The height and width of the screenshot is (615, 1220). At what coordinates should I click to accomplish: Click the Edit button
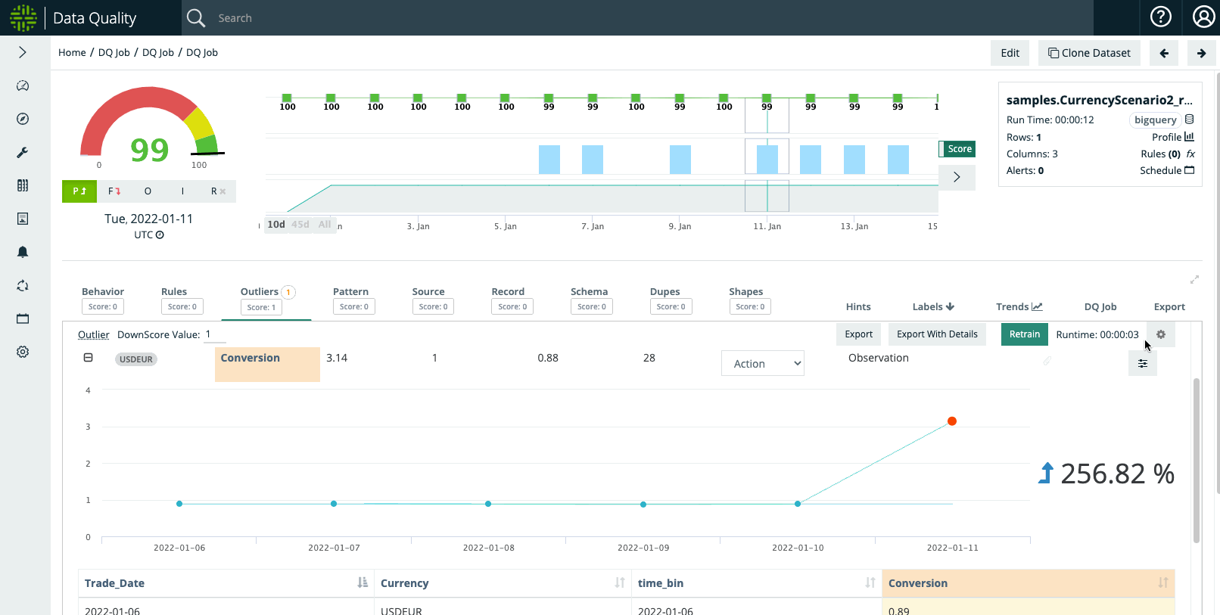(1010, 53)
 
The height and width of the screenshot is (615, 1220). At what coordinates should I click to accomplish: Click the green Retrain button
(1024, 334)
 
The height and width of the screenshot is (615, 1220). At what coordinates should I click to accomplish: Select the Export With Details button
(936, 334)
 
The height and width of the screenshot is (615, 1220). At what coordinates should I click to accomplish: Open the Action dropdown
(762, 364)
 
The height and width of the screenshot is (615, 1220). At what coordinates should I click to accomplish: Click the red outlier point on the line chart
(952, 421)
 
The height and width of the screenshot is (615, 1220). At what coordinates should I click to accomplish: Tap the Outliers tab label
(260, 292)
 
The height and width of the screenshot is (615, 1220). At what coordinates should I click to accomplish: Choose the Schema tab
(589, 292)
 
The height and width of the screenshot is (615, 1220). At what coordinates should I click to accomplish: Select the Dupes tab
(664, 292)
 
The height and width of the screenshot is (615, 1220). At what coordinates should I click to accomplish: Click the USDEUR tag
(136, 359)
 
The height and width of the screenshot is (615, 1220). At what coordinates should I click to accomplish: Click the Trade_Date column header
(115, 583)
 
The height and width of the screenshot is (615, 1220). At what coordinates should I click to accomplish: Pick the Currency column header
(404, 583)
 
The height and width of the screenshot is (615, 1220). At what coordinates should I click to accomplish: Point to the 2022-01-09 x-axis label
(643, 548)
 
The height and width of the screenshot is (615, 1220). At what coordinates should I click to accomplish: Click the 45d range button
(300, 225)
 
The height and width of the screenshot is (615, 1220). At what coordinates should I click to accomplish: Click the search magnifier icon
(196, 18)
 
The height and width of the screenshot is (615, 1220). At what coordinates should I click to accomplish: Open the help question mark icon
(1160, 17)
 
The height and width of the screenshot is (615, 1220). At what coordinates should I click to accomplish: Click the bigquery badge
(1155, 120)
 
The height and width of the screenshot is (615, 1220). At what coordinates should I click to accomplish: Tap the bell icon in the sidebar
(23, 252)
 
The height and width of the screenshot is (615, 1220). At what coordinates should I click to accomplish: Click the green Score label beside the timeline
(959, 149)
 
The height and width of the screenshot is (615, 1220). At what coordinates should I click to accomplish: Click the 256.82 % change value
(1116, 474)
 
